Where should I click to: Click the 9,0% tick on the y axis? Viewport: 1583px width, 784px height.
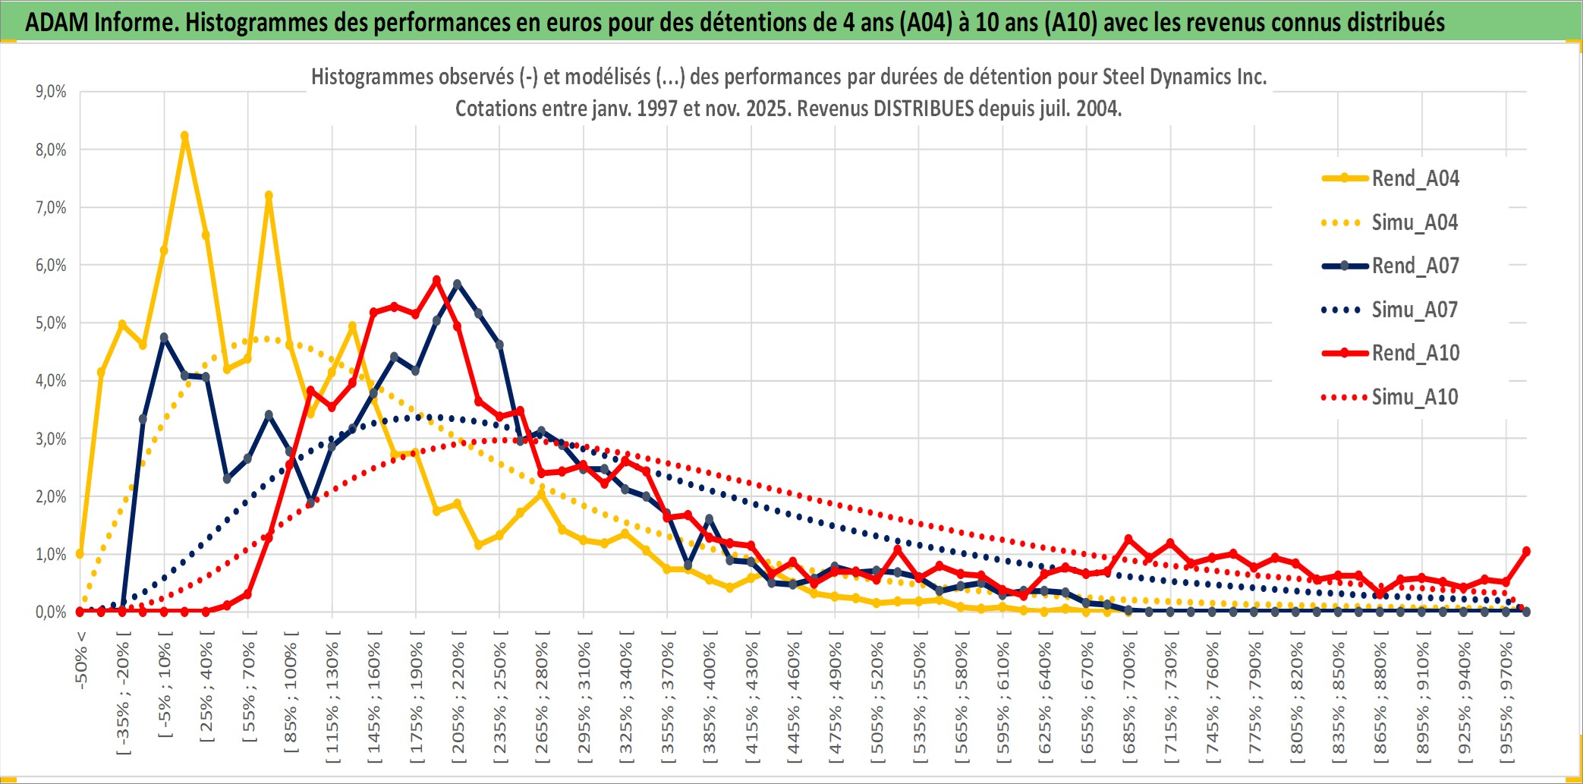[51, 92]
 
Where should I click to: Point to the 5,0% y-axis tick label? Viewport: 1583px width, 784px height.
[51, 323]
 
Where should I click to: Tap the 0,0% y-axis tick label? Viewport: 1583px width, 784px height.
[51, 612]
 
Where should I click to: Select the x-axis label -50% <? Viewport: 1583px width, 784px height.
[81, 660]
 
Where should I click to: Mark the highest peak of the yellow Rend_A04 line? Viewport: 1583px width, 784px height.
[184, 136]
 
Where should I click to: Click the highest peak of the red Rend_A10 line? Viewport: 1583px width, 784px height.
[436, 280]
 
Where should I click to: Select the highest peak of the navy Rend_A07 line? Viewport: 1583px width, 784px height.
[458, 284]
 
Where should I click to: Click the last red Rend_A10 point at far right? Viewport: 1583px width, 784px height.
[1526, 551]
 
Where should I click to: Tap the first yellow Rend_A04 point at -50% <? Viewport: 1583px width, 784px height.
[80, 554]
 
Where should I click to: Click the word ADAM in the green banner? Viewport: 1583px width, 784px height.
[56, 23]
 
